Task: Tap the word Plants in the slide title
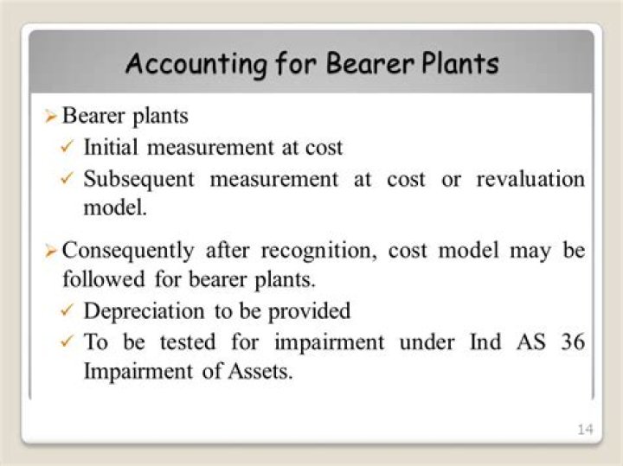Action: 457,63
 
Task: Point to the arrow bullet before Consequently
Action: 51,252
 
